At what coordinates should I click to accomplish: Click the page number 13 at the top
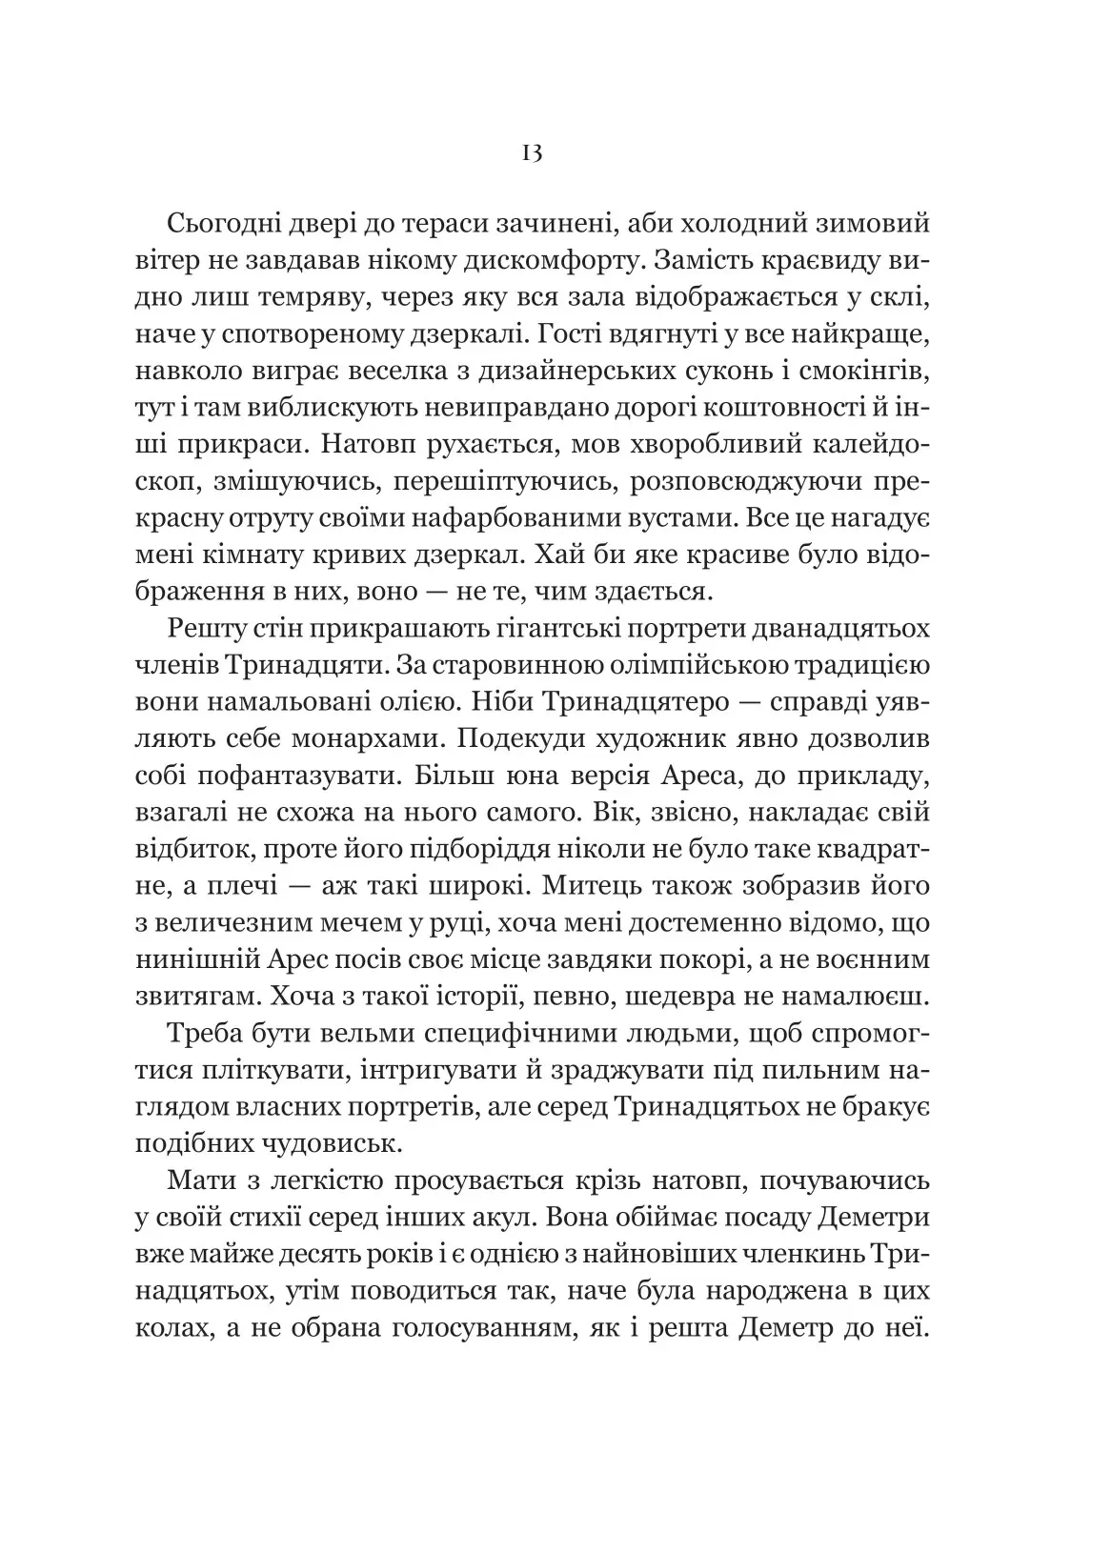pyautogui.click(x=532, y=153)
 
